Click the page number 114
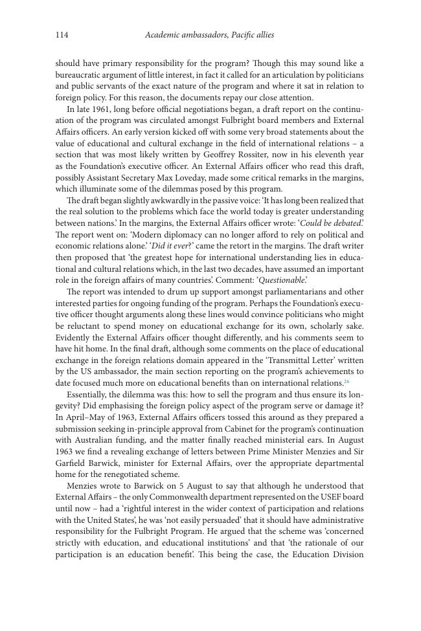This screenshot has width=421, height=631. click(x=62, y=35)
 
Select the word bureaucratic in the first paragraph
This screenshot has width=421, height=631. click(x=81, y=74)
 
